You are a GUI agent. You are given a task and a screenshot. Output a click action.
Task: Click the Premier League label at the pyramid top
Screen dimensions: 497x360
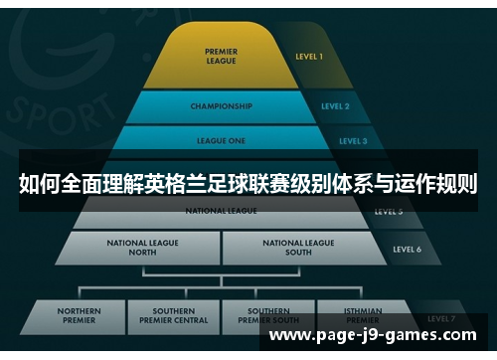click(221, 56)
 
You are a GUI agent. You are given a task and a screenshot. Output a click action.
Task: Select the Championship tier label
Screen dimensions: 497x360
click(220, 105)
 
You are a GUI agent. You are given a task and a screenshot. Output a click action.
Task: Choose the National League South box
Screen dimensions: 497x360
click(298, 247)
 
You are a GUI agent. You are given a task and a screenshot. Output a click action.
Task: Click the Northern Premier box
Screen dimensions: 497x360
click(80, 316)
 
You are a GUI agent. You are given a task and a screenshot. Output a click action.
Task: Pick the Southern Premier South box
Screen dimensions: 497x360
click(267, 316)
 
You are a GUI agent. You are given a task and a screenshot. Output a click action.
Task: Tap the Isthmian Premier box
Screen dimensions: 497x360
click(362, 316)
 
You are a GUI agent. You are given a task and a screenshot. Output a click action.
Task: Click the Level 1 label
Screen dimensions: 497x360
click(308, 57)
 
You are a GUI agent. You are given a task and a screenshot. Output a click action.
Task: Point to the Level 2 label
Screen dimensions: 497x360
click(335, 105)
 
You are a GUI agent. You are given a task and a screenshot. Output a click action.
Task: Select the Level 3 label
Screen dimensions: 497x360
click(352, 141)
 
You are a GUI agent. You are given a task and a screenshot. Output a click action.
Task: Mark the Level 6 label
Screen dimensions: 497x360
click(407, 249)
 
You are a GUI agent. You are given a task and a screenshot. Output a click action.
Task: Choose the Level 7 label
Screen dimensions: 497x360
click(438, 318)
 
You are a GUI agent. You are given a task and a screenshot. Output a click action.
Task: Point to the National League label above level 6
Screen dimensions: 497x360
click(221, 211)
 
